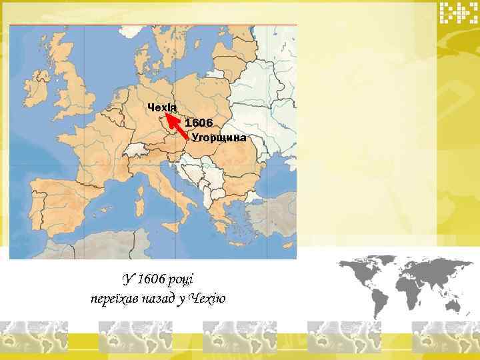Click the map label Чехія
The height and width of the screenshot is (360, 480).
pyautogui.click(x=162, y=109)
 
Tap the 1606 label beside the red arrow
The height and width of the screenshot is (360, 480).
pyautogui.click(x=199, y=123)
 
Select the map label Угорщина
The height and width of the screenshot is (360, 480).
pyautogui.click(x=219, y=138)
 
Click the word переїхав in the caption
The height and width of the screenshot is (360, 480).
pyautogui.click(x=114, y=298)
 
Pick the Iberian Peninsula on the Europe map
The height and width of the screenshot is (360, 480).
pyautogui.click(x=60, y=200)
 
